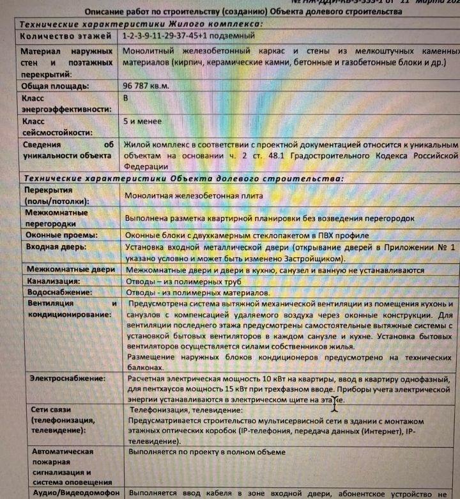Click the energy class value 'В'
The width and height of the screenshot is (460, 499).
125,99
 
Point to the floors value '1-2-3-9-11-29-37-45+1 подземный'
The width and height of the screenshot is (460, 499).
189,36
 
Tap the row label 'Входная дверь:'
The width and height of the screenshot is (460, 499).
57,248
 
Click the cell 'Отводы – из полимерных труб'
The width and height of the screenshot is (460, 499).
183,281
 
